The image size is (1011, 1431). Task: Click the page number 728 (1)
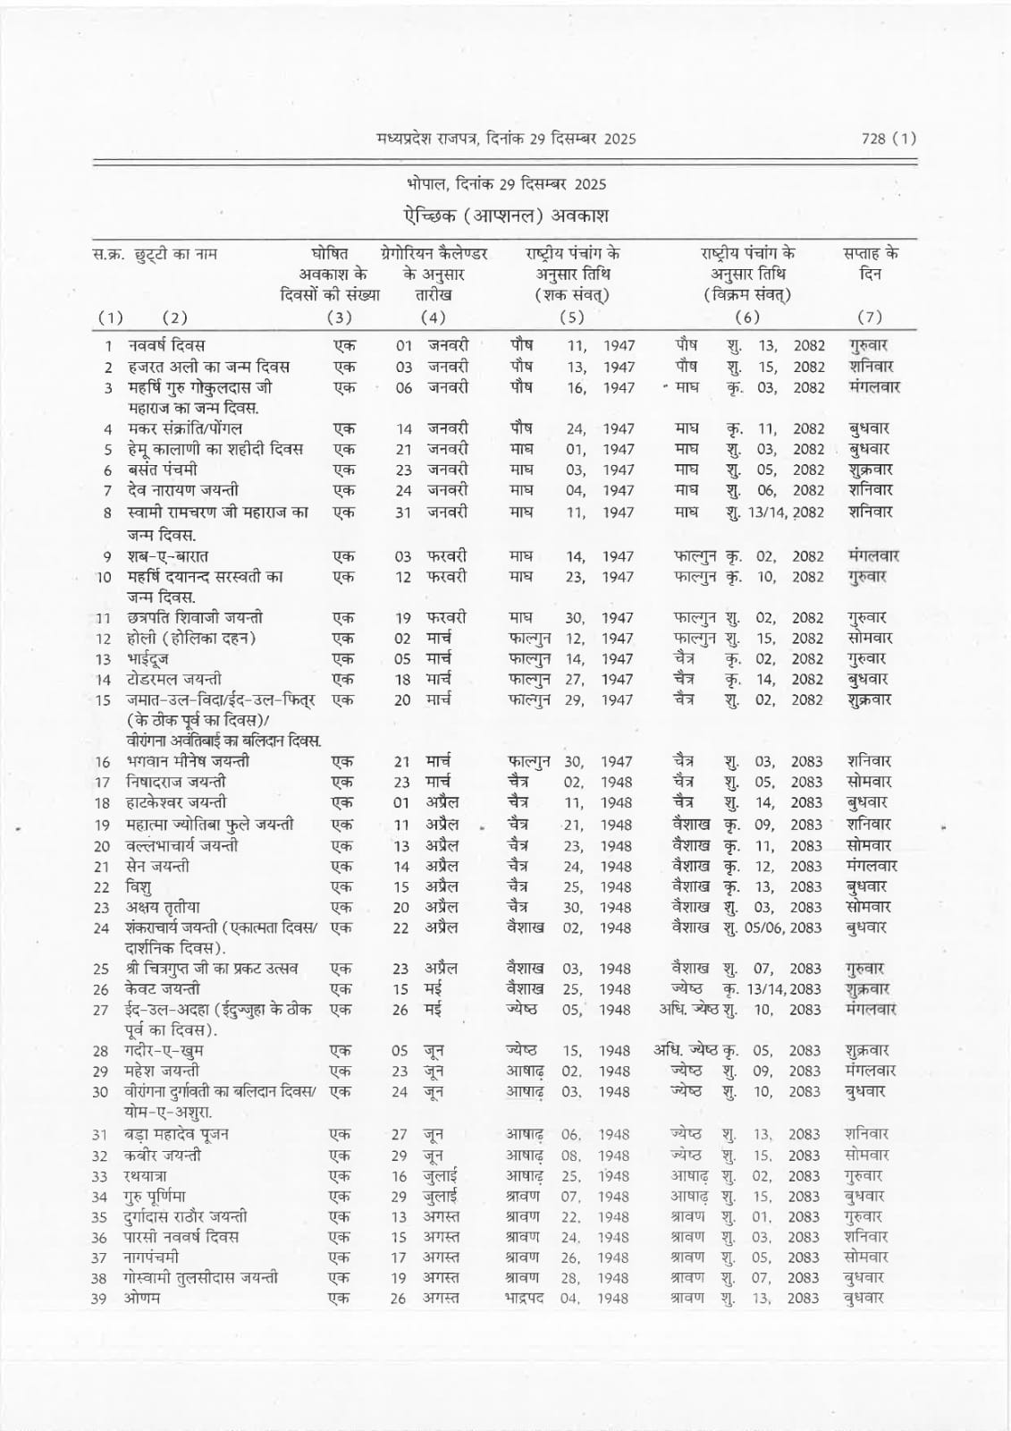[888, 138]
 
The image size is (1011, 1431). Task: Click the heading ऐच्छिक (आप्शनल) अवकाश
[505, 216]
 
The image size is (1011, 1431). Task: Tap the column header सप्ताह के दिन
[871, 263]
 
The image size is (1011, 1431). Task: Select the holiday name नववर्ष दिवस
[166, 345]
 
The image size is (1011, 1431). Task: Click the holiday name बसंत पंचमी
[162, 470]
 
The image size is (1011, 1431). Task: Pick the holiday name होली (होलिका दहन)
[190, 639]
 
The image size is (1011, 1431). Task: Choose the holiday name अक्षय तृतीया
[163, 907]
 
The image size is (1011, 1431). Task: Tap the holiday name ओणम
[142, 1299]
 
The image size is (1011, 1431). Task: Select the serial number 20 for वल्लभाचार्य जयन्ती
[101, 846]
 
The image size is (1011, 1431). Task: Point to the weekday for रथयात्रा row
[864, 1176]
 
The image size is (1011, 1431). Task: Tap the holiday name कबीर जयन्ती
[163, 1156]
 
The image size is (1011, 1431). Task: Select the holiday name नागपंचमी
[151, 1257]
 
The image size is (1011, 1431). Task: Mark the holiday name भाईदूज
[144, 659]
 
